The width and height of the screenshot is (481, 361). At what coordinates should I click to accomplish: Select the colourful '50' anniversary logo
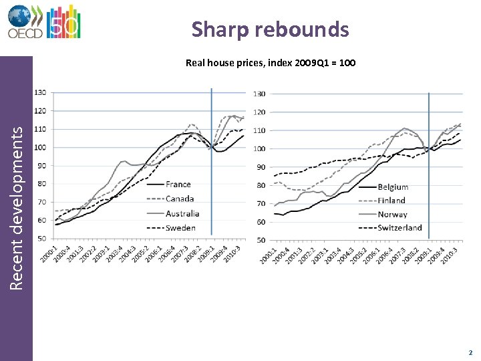click(66, 21)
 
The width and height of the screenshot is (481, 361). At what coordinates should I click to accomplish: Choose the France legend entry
click(178, 184)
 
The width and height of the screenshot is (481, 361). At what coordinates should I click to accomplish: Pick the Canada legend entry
click(180, 199)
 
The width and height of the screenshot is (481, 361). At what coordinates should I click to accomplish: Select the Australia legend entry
click(182, 213)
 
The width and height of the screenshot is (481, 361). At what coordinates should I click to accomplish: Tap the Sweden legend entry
click(180, 228)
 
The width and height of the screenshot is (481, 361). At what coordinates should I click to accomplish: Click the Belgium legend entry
click(393, 187)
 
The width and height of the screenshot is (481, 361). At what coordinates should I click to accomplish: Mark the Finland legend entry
click(391, 201)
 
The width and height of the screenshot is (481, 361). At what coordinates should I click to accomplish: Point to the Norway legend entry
click(392, 215)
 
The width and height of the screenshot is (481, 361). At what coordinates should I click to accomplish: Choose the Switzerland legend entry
click(399, 228)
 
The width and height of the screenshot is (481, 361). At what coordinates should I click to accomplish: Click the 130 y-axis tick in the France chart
click(40, 92)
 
